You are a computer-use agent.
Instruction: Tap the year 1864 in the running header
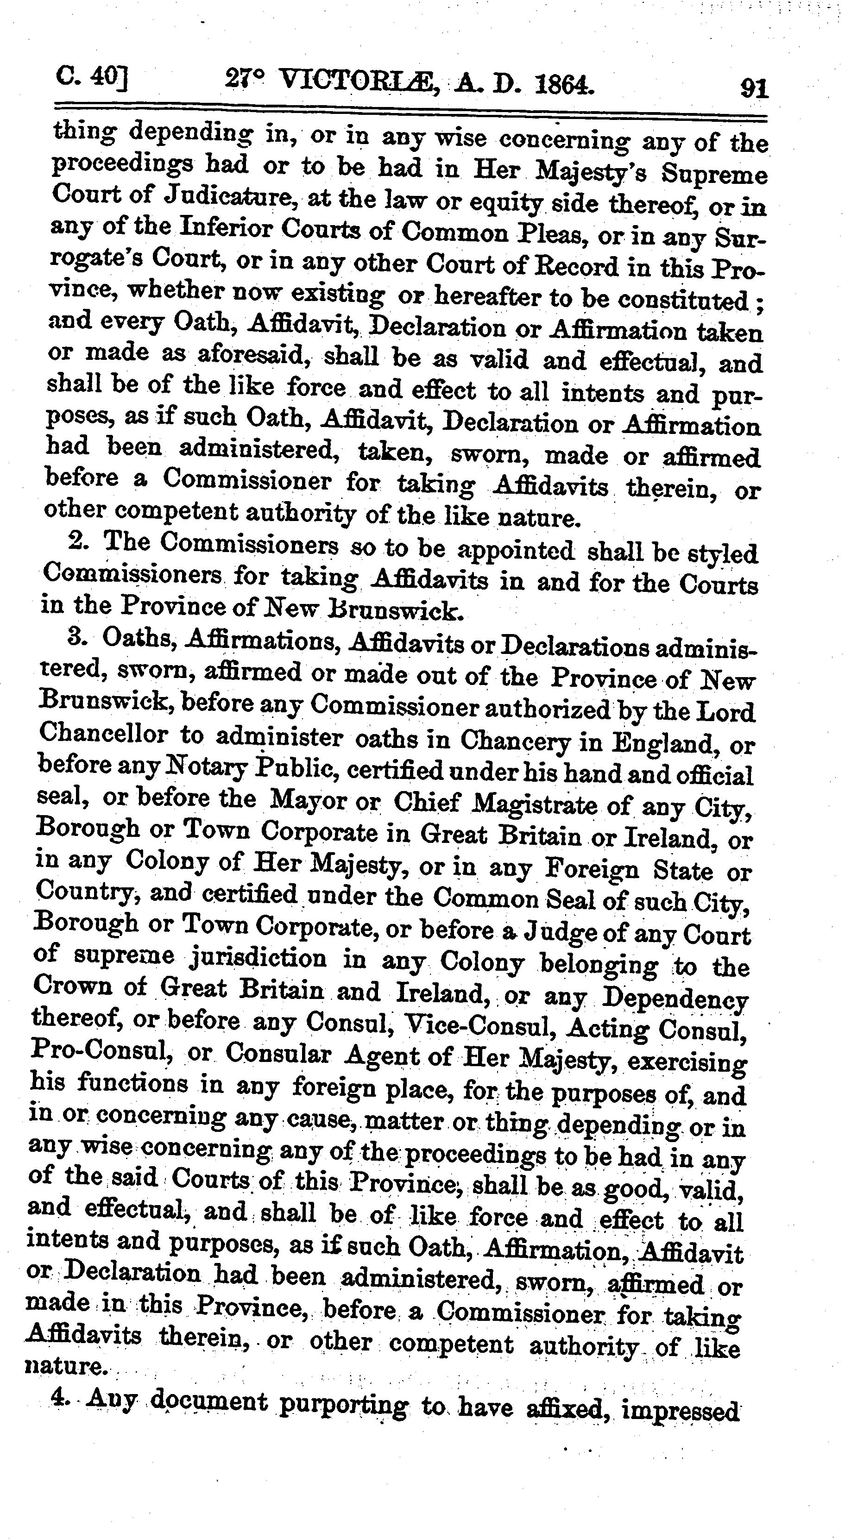pyautogui.click(x=564, y=84)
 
